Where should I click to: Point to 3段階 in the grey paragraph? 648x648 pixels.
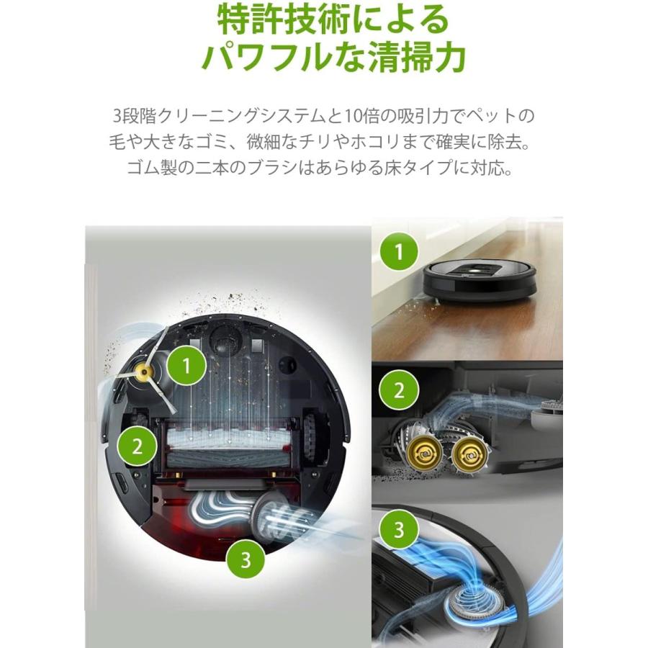click(x=132, y=116)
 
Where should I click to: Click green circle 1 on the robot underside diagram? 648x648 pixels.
click(x=186, y=366)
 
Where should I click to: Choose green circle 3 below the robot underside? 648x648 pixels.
click(x=246, y=560)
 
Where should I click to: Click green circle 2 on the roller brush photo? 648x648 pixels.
click(x=399, y=392)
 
